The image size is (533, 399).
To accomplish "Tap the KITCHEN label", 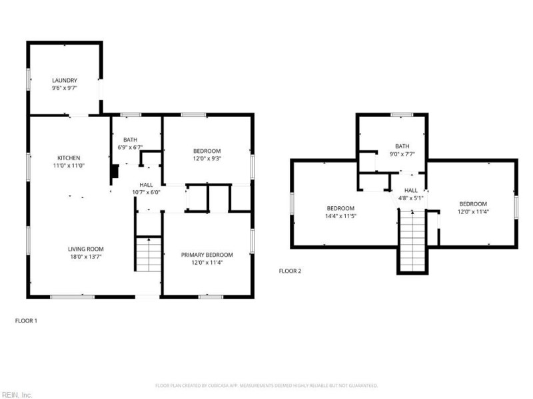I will coord(69,158).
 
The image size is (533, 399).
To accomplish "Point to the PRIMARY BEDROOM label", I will coord(207,255).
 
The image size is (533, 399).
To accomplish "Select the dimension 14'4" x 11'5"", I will coord(340,216).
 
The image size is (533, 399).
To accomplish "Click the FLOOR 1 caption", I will coord(27,321).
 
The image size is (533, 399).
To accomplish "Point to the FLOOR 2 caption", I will coord(290,271).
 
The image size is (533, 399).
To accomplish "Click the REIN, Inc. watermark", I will coord(17,394).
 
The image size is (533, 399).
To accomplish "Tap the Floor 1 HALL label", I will coord(146,184).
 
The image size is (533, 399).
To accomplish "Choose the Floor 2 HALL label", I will coord(411,190).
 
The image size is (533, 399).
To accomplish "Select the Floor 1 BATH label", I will coord(130,139).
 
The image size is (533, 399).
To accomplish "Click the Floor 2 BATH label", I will coord(402,146).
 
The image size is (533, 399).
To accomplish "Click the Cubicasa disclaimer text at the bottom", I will coord(266,386).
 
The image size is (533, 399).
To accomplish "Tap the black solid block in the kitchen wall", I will coord(115,172).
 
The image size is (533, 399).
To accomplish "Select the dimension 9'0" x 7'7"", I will coord(402,154).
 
